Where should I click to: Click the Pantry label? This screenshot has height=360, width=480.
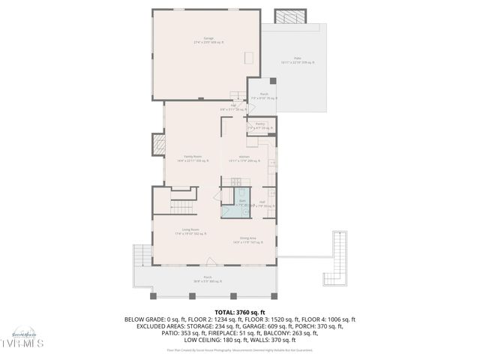click(259, 126)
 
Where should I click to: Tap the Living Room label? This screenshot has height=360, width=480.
click(190, 232)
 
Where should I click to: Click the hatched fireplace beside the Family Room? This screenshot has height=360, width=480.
click(158, 144)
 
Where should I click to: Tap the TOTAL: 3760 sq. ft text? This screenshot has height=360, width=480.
click(239, 311)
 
